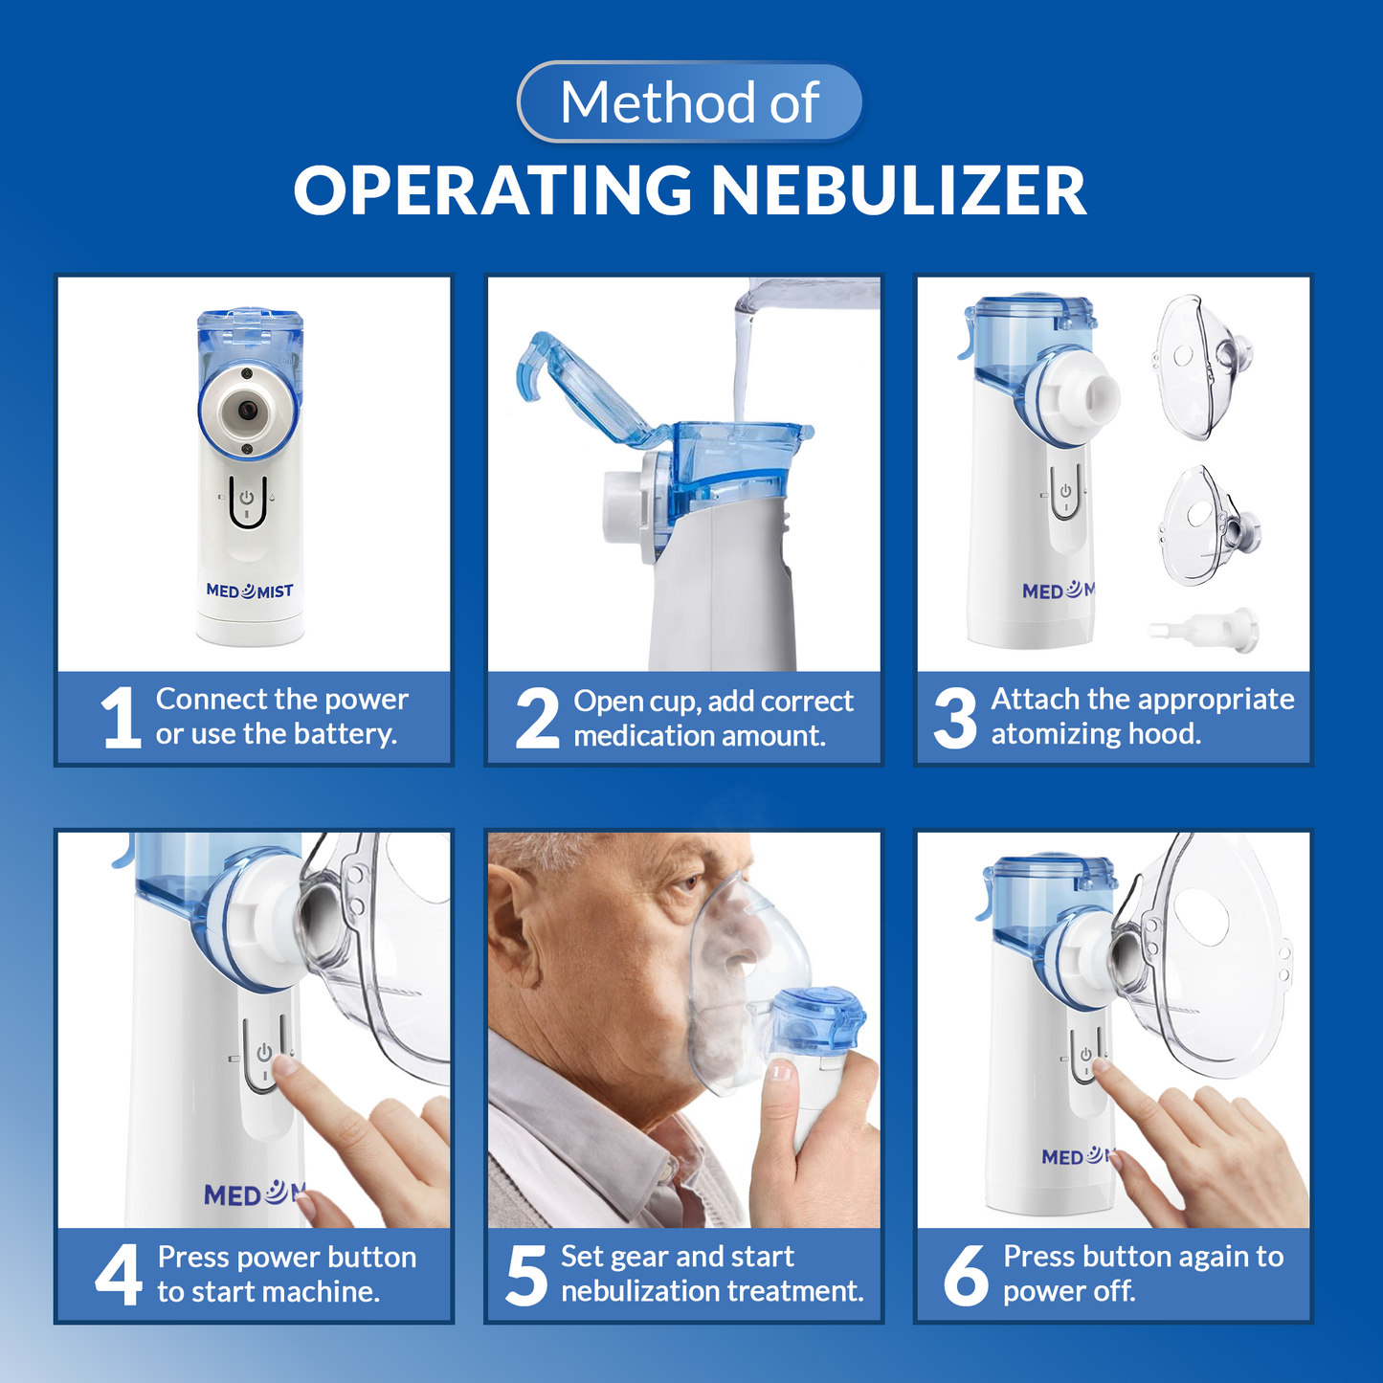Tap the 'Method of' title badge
coord(690,101)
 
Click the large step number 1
coord(120,718)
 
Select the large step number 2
coord(538,719)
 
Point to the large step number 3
coord(955,719)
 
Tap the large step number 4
coord(119,1275)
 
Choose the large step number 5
coord(526,1276)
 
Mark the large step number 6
coord(966,1276)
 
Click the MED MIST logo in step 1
coord(250,591)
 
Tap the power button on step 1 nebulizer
coord(247,498)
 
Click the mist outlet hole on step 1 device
coord(248,410)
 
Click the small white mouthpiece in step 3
coord(1204,630)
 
